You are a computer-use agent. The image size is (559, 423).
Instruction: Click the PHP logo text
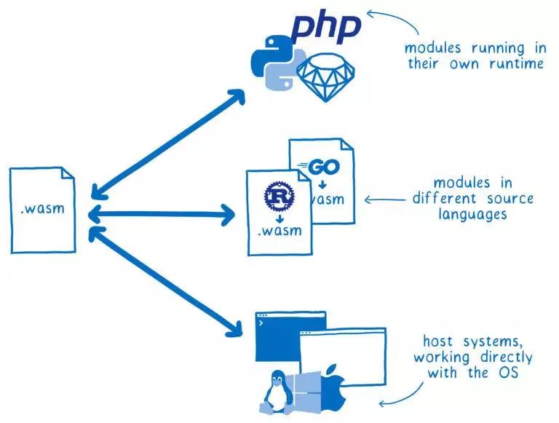[x=325, y=27]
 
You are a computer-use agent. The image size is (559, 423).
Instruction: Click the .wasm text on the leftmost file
[x=42, y=209]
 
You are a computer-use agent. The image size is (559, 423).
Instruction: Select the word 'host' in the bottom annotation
[x=437, y=341]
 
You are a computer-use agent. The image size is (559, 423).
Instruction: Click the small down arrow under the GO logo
[x=322, y=183]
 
